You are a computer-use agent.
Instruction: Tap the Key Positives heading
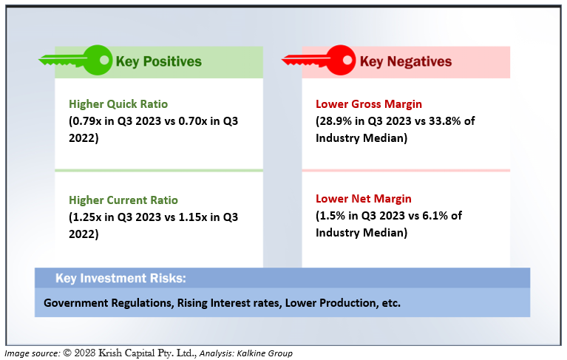coord(158,61)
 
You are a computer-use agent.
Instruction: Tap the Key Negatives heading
coord(406,61)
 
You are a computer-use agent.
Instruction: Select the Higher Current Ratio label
coord(123,200)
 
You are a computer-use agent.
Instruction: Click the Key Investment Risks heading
coord(120,279)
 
